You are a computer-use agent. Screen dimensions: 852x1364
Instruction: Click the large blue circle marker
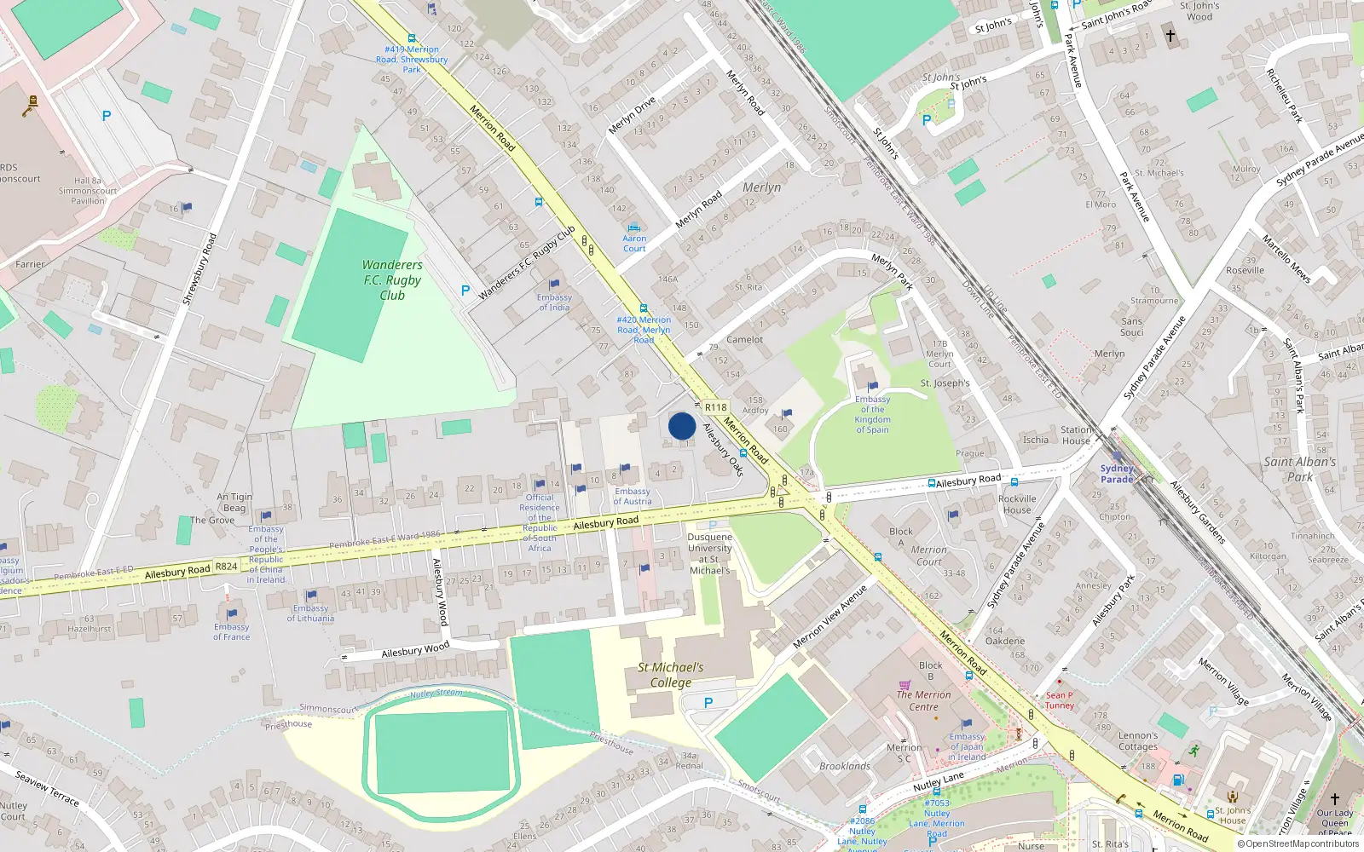click(x=682, y=426)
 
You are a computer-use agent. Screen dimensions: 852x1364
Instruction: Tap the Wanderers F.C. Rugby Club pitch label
click(x=392, y=280)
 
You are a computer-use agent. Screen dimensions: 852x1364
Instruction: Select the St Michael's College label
click(x=671, y=675)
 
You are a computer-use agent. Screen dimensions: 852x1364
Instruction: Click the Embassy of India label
click(x=554, y=302)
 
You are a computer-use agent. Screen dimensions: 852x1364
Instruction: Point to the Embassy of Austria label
click(x=633, y=496)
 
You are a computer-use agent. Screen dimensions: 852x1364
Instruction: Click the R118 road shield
click(x=716, y=407)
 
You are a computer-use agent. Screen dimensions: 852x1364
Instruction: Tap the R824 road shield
click(x=227, y=567)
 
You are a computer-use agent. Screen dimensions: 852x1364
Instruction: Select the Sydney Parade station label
click(x=1117, y=474)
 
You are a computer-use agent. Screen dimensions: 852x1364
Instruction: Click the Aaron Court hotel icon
click(x=633, y=228)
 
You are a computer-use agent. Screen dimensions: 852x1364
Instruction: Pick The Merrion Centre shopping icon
click(x=905, y=684)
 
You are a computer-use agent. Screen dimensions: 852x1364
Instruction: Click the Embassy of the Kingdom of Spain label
click(x=872, y=414)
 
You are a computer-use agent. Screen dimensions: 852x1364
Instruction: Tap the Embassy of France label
click(x=232, y=631)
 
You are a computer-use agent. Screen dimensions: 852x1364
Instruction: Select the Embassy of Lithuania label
click(x=310, y=613)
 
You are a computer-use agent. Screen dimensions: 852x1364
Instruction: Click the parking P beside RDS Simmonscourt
click(x=107, y=116)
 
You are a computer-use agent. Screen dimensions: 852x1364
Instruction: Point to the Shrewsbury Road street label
click(x=199, y=269)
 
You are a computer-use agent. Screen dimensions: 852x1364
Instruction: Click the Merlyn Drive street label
click(x=632, y=115)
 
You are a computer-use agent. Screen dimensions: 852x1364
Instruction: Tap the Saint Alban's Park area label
click(x=1300, y=469)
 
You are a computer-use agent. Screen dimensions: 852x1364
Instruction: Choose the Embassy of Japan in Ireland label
click(x=967, y=746)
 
